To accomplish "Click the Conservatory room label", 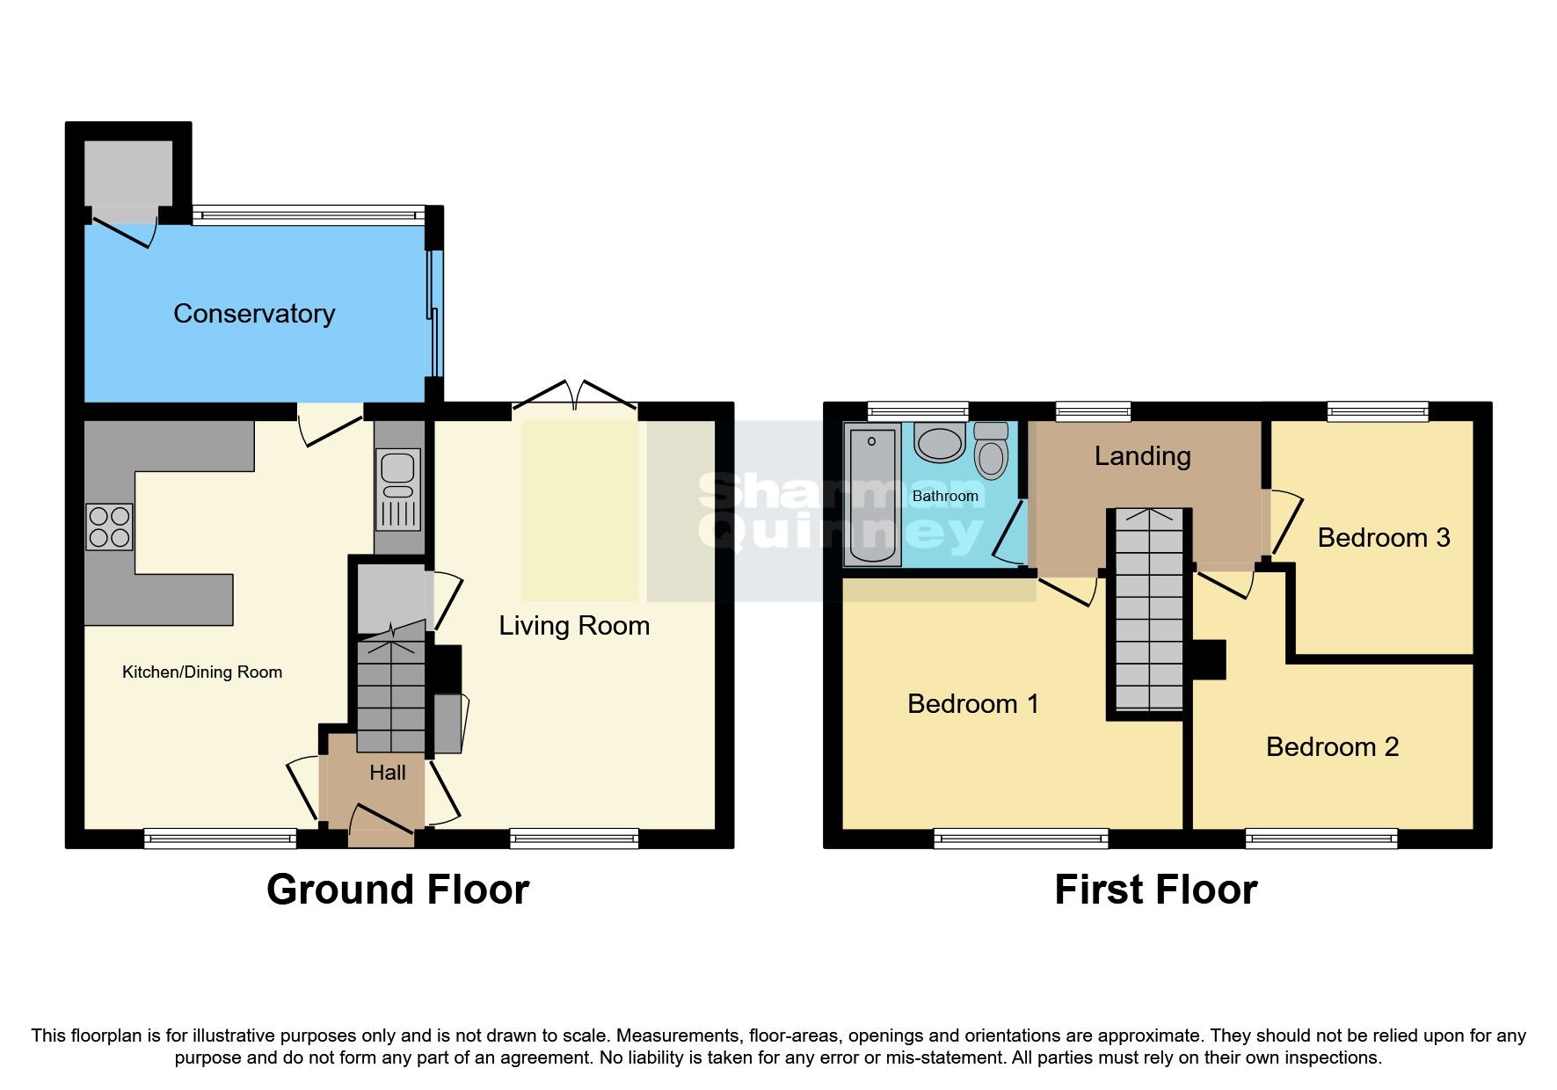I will tap(254, 314).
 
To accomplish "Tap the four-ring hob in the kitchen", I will tap(110, 527).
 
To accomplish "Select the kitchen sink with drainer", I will tap(398, 489).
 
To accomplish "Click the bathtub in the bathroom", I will tap(871, 494).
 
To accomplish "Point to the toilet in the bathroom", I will tap(991, 452).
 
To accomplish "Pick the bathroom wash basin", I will tap(939, 443).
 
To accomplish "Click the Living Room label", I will tap(574, 626).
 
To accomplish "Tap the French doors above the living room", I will tap(574, 396).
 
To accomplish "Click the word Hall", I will tap(388, 773).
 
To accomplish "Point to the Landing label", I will tap(1142, 456).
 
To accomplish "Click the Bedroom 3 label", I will tap(1383, 538).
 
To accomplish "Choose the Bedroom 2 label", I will tap(1332, 747).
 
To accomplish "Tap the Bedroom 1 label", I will tap(972, 704).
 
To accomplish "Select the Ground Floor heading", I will tap(397, 890).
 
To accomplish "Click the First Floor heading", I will tap(1155, 890).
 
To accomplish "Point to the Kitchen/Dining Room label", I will tap(202, 672).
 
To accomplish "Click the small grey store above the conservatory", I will tap(128, 172).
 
